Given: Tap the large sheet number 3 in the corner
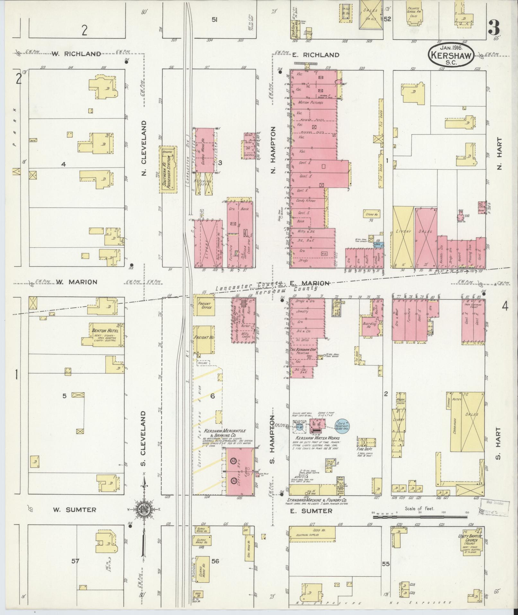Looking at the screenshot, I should (494, 28).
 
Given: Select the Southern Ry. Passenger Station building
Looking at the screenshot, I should (169, 170).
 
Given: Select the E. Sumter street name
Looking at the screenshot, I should (311, 511).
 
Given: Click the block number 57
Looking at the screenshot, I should (75, 561).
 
